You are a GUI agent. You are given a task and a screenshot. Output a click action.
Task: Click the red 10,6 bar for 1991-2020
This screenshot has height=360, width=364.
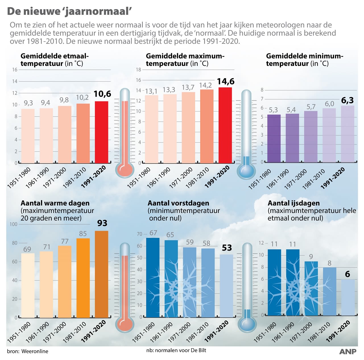102,132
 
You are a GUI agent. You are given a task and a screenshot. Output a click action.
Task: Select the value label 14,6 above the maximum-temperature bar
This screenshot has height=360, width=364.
226,82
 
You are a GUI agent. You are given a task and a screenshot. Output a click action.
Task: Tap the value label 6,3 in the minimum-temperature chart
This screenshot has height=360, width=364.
347,100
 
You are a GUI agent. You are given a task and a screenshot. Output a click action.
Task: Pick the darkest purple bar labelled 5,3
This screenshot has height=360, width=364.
274,138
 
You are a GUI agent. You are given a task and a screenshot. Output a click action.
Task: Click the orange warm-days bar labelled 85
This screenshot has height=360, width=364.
83,278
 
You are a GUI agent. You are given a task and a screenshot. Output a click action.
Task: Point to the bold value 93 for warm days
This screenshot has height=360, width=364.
102,223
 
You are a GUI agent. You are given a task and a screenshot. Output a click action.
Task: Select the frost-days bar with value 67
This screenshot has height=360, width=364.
153,277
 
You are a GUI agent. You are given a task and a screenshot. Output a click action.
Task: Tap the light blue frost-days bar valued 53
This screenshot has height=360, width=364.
226,285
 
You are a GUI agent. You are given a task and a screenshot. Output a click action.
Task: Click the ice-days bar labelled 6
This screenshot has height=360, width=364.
348,297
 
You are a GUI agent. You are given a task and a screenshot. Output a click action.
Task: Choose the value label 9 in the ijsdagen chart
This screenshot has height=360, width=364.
311,257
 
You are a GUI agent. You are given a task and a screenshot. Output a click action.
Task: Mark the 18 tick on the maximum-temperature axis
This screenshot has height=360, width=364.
138,70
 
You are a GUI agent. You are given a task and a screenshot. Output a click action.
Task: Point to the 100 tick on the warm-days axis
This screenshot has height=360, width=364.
13,224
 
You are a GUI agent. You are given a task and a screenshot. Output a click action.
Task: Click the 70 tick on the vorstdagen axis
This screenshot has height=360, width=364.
139,234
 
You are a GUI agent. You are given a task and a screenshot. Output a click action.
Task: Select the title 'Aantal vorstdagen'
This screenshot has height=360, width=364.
178,203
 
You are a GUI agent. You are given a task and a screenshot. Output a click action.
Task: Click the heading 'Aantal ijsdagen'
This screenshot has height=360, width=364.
293,203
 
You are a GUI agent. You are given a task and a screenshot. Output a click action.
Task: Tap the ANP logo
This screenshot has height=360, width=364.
348,351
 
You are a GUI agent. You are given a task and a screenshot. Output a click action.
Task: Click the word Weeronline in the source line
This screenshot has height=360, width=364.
35,351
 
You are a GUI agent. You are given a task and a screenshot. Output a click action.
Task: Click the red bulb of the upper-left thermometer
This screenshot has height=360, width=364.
125,170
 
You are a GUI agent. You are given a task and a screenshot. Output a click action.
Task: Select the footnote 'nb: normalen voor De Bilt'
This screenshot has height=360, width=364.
176,350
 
